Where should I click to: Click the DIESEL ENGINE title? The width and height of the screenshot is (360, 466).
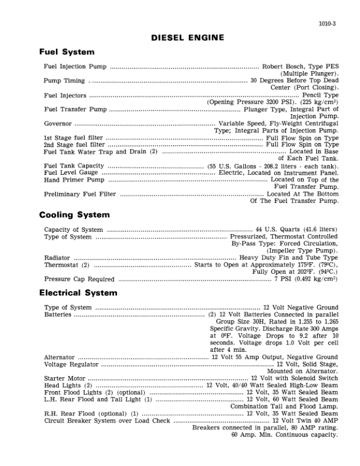click(188, 38)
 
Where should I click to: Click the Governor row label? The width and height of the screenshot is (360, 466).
click(58, 124)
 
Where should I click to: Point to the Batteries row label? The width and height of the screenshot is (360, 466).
click(58, 315)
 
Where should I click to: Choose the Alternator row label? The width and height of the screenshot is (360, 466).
click(59, 357)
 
